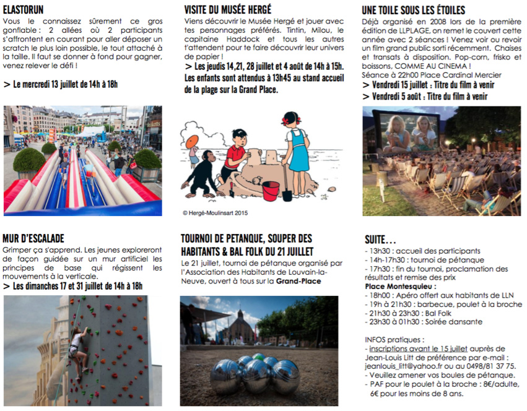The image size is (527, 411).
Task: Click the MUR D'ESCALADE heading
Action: point(33,238)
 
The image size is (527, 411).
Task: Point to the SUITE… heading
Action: point(380,239)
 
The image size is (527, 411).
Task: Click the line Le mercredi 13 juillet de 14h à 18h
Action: point(64,84)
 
